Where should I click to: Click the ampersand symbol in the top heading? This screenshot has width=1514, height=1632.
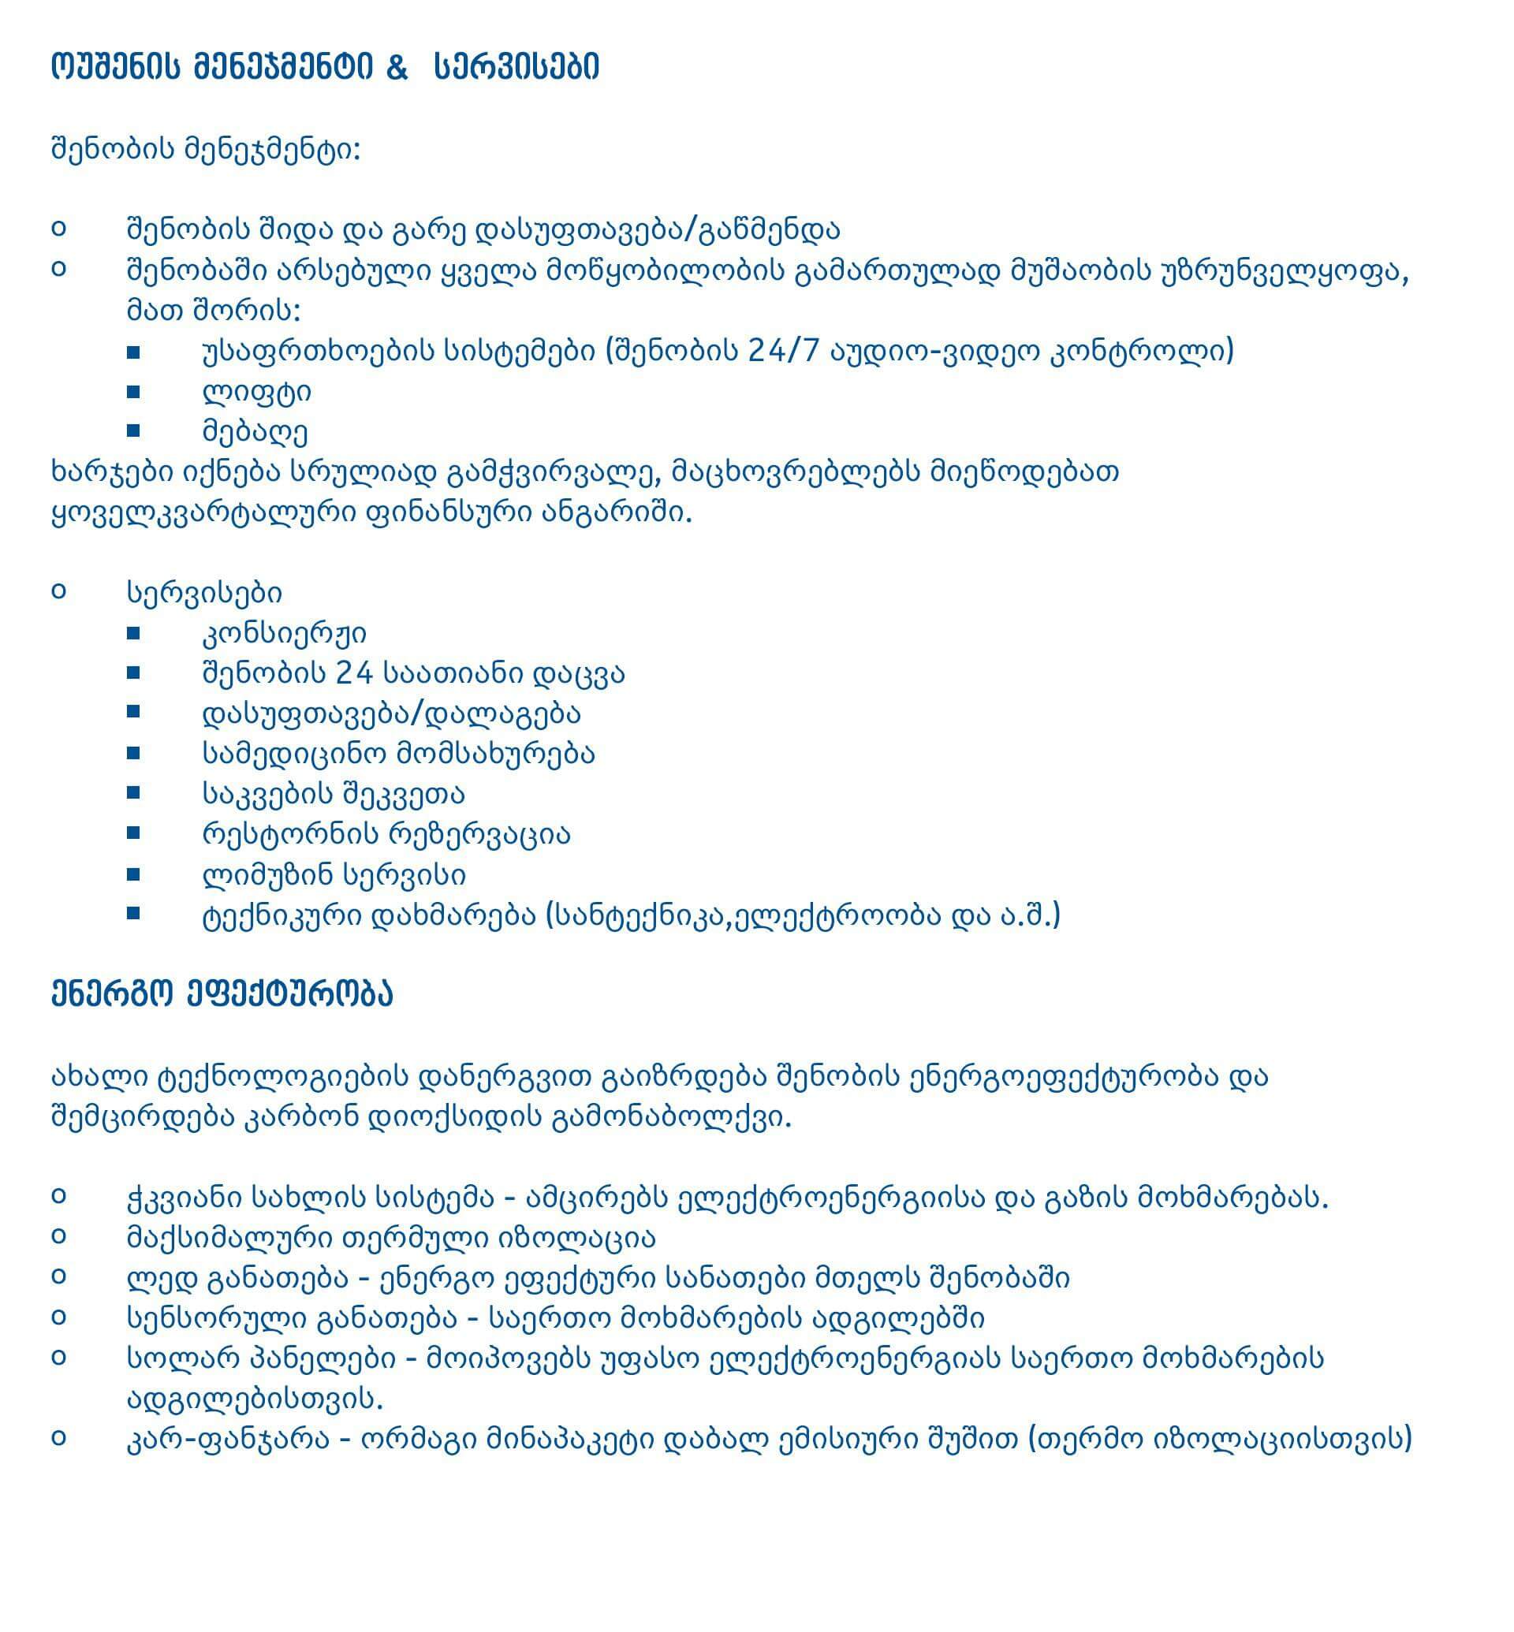tap(397, 67)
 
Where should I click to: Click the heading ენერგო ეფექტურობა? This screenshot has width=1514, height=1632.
tap(222, 993)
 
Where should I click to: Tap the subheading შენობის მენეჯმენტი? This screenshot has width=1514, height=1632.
tap(206, 150)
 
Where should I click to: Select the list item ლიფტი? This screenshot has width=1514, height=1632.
tap(256, 392)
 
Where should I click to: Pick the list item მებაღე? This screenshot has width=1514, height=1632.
tap(255, 432)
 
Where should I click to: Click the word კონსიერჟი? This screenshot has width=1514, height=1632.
tap(285, 632)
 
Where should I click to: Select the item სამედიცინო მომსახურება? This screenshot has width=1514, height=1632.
tap(398, 753)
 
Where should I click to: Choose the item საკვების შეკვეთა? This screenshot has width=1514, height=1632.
tap(334, 793)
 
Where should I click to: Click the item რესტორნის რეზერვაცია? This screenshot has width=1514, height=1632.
tap(386, 834)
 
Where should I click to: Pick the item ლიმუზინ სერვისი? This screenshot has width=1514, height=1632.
tap(334, 874)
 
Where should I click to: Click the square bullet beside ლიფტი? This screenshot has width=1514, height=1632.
tap(133, 392)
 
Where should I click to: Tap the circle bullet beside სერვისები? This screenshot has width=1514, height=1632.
tap(58, 591)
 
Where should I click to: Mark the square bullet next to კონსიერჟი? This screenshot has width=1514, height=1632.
tap(133, 632)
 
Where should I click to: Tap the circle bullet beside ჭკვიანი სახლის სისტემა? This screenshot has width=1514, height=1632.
tap(58, 1195)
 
